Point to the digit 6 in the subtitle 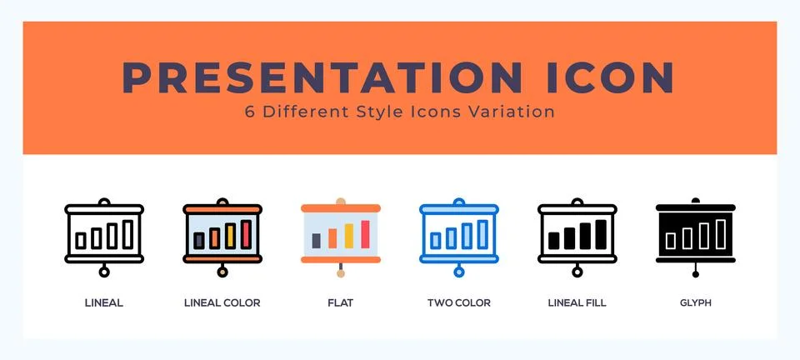pyautogui.click(x=250, y=112)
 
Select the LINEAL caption pyautogui.click(x=104, y=303)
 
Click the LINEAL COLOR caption pyautogui.click(x=222, y=303)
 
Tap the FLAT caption pyautogui.click(x=340, y=303)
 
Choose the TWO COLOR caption pyautogui.click(x=458, y=303)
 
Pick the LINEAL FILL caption pyautogui.click(x=577, y=303)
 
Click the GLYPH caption pyautogui.click(x=695, y=303)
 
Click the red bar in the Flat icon pyautogui.click(x=363, y=235)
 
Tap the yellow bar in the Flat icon pyautogui.click(x=347, y=237)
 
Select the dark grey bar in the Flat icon pyautogui.click(x=317, y=240)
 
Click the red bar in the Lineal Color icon pyautogui.click(x=246, y=235)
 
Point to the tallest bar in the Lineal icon pyautogui.click(x=127, y=235)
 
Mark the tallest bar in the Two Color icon pyautogui.click(x=482, y=235)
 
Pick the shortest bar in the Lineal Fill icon pyautogui.click(x=554, y=241)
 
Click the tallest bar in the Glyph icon pyautogui.click(x=719, y=235)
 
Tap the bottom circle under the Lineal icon pyautogui.click(x=104, y=272)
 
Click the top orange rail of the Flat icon pyautogui.click(x=340, y=208)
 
